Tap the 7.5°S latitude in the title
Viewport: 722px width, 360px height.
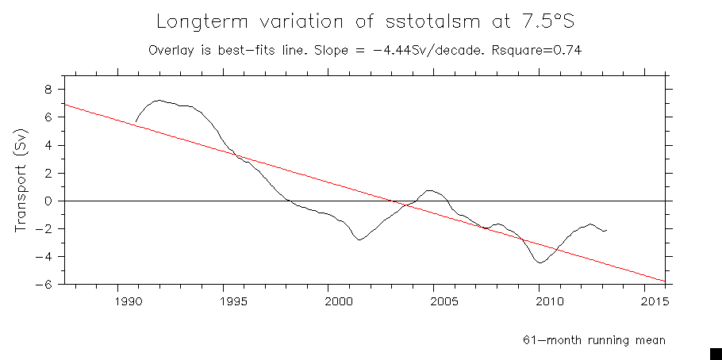(x=541, y=21)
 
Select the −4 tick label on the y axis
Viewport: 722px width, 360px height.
(x=44, y=257)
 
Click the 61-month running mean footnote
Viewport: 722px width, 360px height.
(x=593, y=340)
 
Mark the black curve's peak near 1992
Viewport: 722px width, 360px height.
(x=159, y=100)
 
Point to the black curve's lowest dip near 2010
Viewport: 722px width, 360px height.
(x=540, y=262)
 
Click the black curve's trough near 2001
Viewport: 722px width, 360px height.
(x=359, y=239)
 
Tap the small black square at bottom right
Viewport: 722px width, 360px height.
(x=715, y=353)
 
